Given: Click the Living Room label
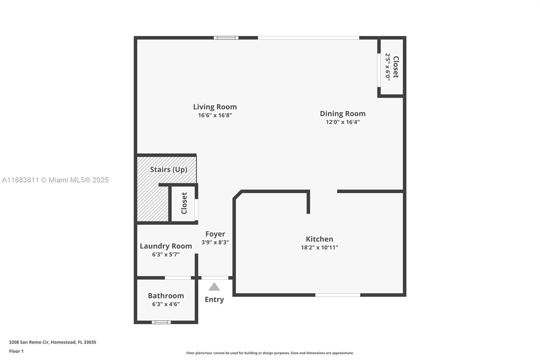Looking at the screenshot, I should click(x=215, y=107).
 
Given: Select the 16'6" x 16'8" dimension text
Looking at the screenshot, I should click(x=215, y=115).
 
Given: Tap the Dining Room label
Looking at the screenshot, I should click(x=343, y=113).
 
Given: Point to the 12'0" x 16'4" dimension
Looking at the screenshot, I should click(x=343, y=122).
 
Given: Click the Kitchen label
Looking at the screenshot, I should click(x=319, y=239).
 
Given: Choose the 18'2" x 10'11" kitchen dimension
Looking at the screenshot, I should click(x=319, y=248).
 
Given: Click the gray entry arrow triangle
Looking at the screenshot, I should click(x=214, y=287).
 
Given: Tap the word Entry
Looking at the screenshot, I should click(x=214, y=300).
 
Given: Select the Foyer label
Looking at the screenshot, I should click(x=215, y=234).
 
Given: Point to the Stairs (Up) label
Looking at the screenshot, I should click(x=168, y=170).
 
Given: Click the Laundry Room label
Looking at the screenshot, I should click(x=166, y=246).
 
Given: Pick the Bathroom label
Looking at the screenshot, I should click(x=166, y=296).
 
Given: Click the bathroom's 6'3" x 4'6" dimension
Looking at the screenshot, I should click(x=166, y=304).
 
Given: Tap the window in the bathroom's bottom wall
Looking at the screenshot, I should click(x=161, y=322).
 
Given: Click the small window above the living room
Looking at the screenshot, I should click(x=226, y=38).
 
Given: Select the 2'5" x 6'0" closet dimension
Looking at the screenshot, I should click(x=388, y=67).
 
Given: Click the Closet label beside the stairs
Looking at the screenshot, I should click(x=184, y=203).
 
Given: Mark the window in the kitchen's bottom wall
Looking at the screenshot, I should click(x=337, y=295).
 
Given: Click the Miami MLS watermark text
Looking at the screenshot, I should click(x=55, y=180).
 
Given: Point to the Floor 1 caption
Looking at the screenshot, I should click(x=16, y=351).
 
